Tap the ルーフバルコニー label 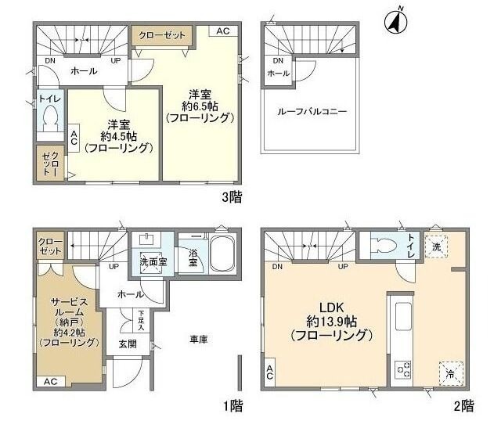click(311, 112)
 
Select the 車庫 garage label click(199, 340)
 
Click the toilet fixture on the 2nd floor click(381, 244)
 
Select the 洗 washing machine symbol click(437, 246)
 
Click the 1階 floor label click(232, 405)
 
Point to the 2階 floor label click(463, 405)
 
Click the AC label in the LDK click(269, 372)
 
